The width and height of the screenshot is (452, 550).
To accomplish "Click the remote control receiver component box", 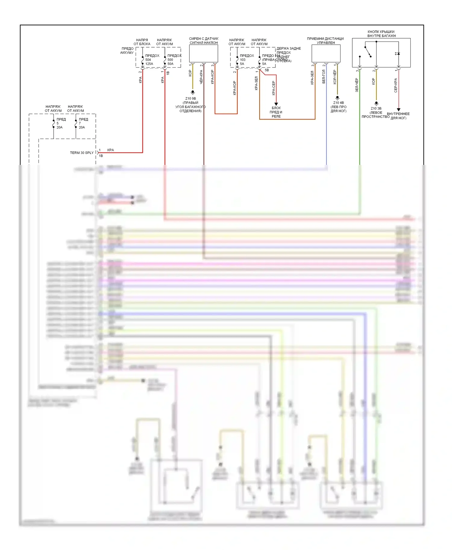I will (326, 54).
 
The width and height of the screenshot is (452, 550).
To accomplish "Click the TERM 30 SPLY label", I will (82, 153).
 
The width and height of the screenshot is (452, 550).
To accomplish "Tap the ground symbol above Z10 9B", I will (193, 92).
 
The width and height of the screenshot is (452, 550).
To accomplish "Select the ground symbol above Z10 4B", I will (337, 98).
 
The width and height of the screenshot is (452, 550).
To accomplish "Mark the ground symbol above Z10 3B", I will (376, 104).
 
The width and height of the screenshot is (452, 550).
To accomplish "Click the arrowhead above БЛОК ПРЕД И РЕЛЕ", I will (276, 104).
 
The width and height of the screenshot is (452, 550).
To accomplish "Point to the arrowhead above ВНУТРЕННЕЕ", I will (398, 110).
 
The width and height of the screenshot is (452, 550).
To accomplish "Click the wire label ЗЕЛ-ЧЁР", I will (357, 85).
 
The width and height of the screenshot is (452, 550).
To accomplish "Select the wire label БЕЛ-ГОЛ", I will (324, 77).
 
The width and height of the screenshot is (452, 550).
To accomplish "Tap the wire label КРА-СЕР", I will (273, 88).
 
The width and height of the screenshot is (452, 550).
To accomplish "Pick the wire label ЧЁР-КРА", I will (201, 77).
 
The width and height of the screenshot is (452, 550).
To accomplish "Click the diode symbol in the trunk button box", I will (398, 54).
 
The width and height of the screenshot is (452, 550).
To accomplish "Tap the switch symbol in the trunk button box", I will (368, 52).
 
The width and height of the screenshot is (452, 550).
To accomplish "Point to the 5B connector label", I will (267, 70).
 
